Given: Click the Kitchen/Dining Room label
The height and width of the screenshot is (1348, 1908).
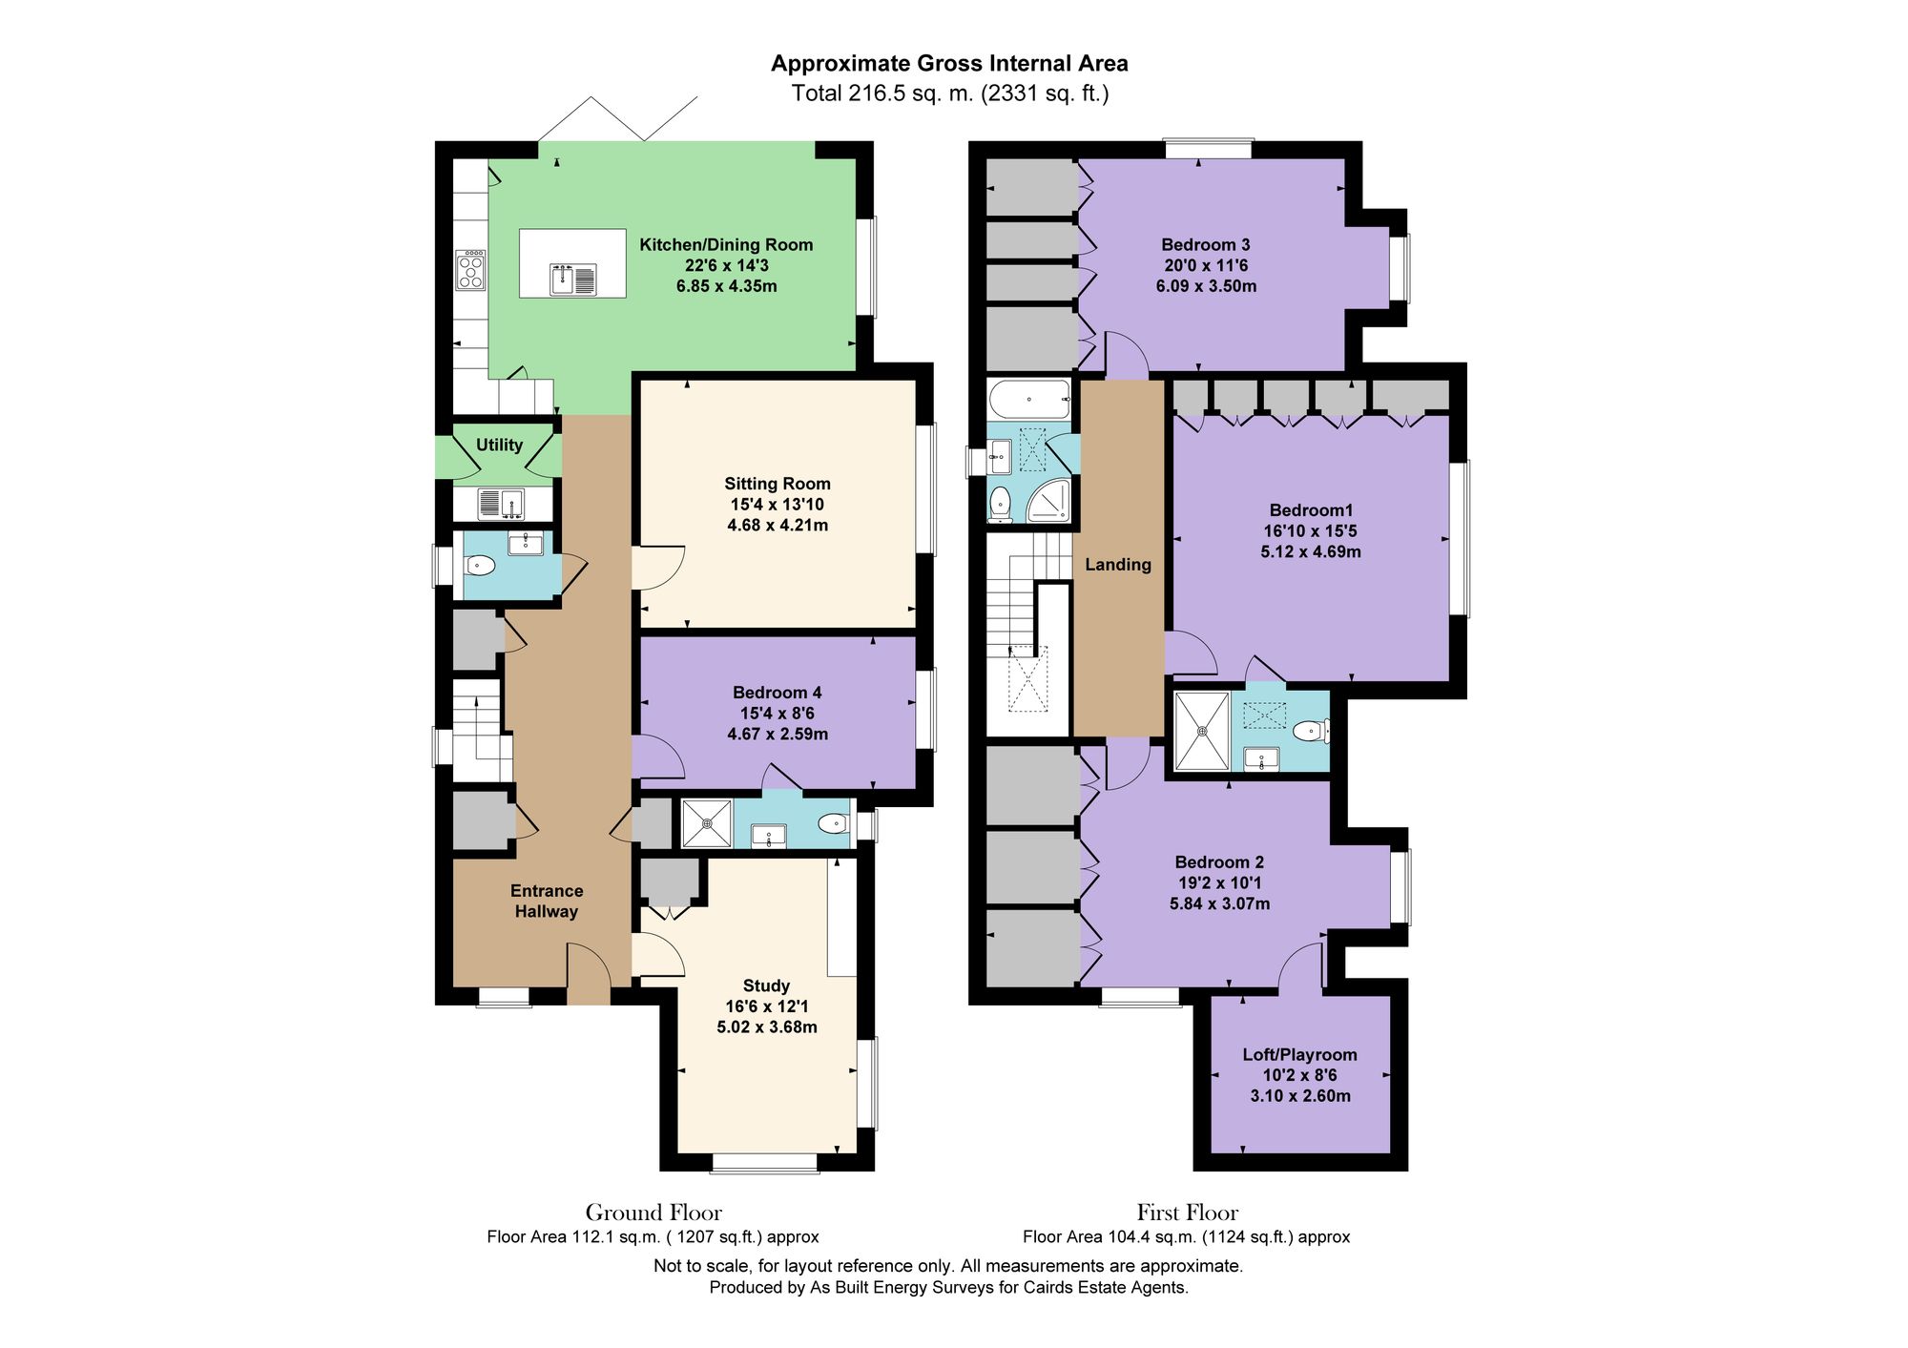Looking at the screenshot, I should coord(725,245).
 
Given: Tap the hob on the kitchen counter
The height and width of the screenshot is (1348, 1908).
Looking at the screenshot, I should coord(470,270).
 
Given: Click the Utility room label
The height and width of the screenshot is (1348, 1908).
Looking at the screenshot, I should coord(499,445).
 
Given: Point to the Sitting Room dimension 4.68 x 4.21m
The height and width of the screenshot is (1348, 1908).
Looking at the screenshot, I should coord(777,525).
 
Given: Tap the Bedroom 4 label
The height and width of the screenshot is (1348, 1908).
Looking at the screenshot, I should coord(777,693).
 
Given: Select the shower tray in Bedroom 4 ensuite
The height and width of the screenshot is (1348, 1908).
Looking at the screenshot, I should coord(706,823).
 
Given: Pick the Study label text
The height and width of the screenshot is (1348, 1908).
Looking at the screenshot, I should coord(766,985).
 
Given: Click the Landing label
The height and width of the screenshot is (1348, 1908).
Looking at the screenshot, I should coord(1117,565).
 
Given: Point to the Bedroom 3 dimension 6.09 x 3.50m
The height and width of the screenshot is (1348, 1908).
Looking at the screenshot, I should coord(1205,286).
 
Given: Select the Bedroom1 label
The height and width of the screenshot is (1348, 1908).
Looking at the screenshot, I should coord(1310,510).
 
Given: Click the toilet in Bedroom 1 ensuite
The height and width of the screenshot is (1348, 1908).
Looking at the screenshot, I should coord(1310,733).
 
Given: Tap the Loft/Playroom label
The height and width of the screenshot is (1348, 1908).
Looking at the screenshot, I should coord(1299,1054).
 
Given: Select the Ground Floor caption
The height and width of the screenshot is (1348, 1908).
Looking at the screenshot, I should coord(653,1213).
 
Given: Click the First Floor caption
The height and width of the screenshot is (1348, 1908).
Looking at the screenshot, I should coord(1187,1213).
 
